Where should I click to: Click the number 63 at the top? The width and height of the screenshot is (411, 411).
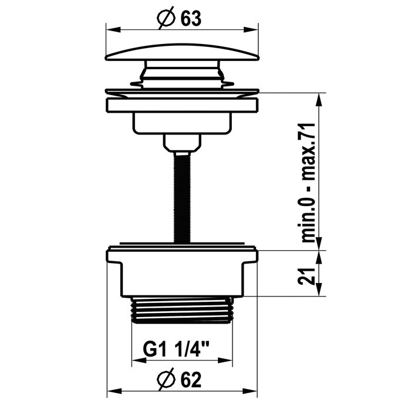pos(191,19)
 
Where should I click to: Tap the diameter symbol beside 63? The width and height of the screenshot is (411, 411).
pos(166,18)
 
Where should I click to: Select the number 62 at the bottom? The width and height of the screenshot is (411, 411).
pos(191,380)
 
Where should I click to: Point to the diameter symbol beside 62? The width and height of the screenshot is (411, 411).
pos(166,379)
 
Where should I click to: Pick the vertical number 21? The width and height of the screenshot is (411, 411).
pos(306,277)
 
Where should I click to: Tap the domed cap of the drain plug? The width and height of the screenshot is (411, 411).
pos(182,52)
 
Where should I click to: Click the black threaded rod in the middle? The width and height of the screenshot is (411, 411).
pos(182,197)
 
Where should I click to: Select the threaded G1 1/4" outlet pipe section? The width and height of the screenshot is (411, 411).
pos(182,310)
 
